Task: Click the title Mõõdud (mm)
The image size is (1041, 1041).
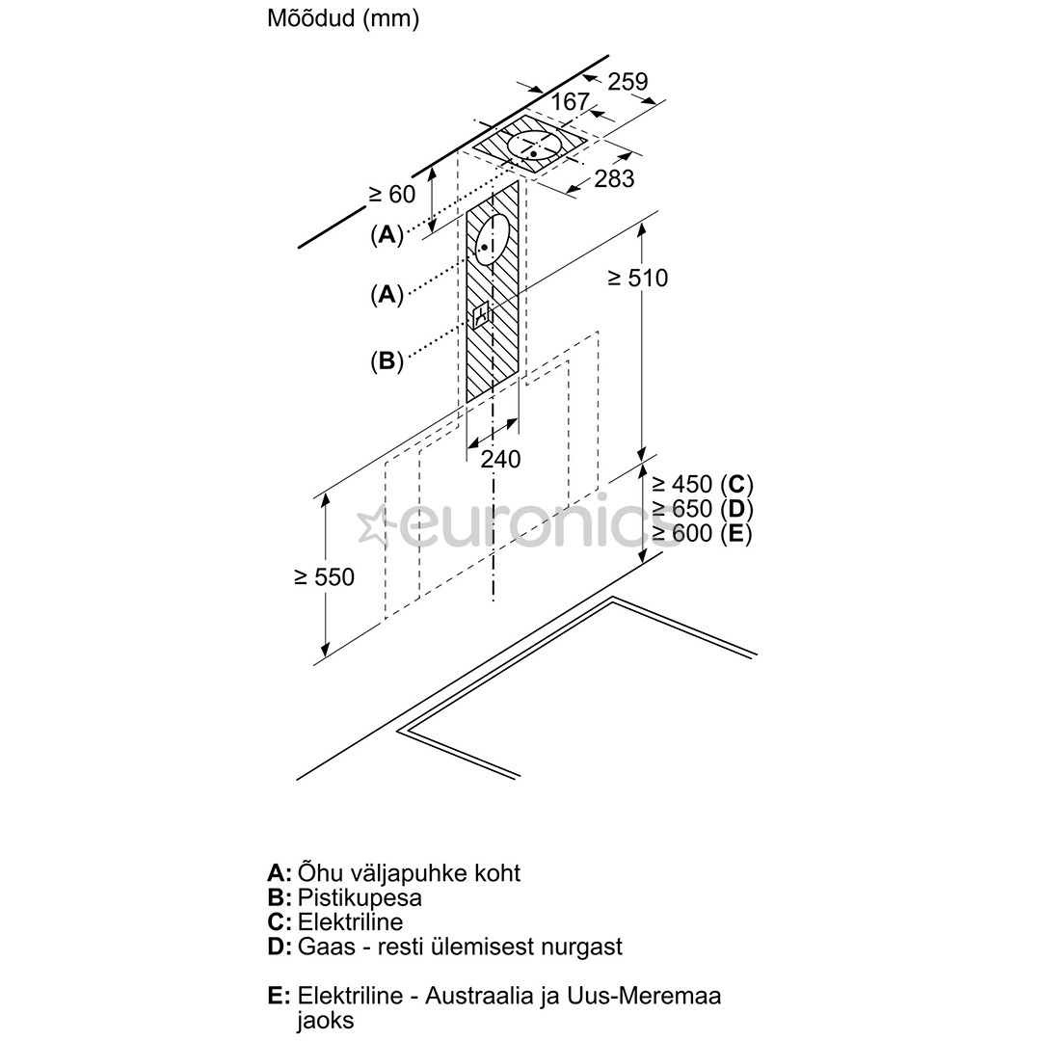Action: [x=343, y=19]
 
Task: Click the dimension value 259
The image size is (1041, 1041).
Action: [x=627, y=82]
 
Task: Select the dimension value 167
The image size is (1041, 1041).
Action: [x=570, y=102]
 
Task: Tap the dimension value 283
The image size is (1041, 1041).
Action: [x=614, y=178]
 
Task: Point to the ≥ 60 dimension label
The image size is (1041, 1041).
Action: [x=391, y=194]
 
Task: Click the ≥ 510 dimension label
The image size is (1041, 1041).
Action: [x=637, y=278]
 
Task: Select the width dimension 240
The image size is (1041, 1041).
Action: [x=500, y=460]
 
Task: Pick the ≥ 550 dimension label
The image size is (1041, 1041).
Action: [x=324, y=577]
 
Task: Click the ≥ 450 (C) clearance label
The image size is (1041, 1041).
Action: [x=701, y=484]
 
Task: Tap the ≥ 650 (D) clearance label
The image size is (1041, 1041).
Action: [x=701, y=509]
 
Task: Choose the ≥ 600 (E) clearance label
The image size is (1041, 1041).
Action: [x=701, y=533]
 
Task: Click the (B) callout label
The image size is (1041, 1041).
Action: [x=387, y=361]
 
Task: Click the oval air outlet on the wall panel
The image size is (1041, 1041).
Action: [x=492, y=241]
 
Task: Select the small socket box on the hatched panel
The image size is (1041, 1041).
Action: [x=482, y=315]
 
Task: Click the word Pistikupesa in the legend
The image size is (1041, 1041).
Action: [x=360, y=897]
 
